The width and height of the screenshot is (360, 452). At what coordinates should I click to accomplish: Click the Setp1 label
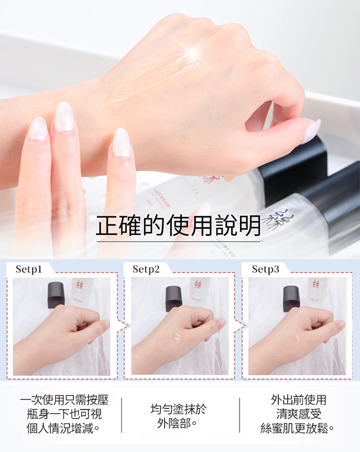(29, 269)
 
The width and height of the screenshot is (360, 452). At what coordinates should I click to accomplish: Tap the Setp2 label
(146, 269)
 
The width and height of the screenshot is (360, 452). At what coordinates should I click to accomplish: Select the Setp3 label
(265, 269)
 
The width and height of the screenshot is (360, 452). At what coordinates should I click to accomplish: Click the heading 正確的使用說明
(178, 225)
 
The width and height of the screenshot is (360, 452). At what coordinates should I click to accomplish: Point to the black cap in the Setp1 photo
(56, 295)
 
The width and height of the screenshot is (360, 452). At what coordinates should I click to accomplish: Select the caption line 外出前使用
(299, 400)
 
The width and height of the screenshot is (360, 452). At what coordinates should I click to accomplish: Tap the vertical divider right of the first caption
(121, 415)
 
